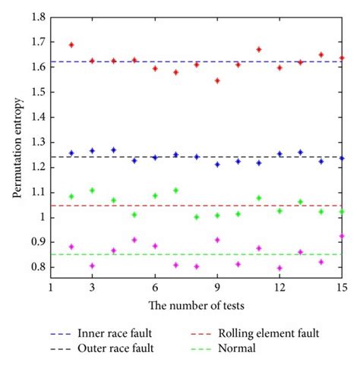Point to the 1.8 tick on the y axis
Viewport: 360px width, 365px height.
tap(39, 17)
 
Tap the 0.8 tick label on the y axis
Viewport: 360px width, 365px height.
tap(39, 267)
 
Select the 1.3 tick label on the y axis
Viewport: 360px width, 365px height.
tap(39, 142)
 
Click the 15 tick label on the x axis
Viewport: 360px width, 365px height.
tap(341, 289)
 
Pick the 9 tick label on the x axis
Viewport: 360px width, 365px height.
tap(217, 289)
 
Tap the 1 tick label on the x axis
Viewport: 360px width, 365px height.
tap(51, 289)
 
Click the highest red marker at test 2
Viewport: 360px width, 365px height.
tap(72, 45)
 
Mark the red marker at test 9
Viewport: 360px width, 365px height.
tap(217, 80)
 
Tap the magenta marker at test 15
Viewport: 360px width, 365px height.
tap(341, 236)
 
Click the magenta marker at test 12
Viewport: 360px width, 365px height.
tap(279, 268)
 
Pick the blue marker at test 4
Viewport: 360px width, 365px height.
tap(113, 150)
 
